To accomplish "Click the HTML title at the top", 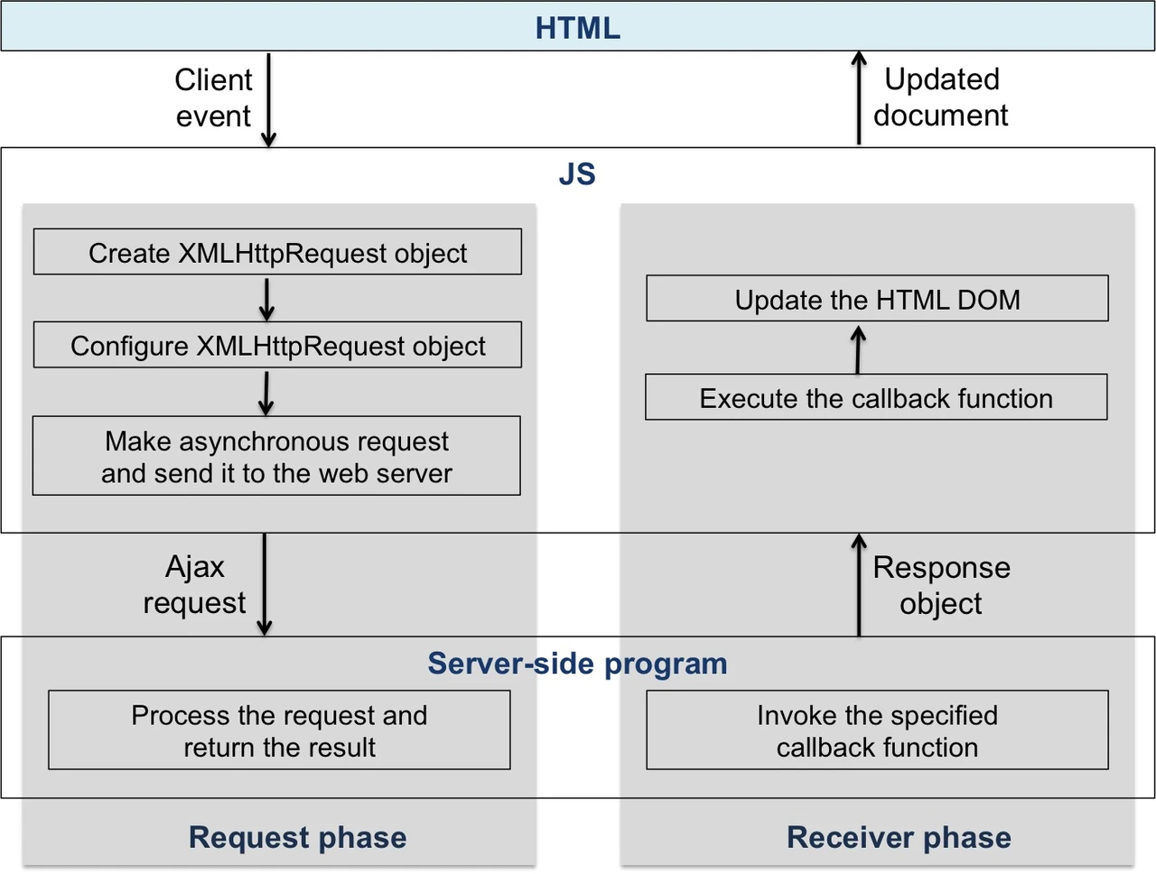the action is coord(578,28).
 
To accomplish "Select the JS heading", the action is coord(577,173).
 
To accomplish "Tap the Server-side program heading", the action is coord(577,663).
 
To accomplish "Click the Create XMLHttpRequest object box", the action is coord(277,252).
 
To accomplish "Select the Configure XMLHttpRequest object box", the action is coord(277,345).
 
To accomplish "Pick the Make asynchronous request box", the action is coord(276,456).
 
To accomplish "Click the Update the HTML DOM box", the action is coord(878,298).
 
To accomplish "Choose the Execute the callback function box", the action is coord(876,397).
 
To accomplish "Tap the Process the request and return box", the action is coord(279,730).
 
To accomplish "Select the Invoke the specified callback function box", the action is coord(878,730).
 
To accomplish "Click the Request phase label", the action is coord(297,837).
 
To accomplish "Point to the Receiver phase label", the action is coord(899,837).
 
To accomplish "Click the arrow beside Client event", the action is coord(268,100).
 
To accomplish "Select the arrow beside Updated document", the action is coord(859,98).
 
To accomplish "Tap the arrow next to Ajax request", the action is coord(265,584).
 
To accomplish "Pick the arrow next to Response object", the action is coord(859,585).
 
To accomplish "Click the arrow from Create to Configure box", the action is coord(266,300).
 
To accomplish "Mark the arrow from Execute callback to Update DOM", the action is coord(858,349).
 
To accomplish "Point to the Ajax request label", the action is coord(195,584).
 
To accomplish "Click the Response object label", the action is coord(942,585).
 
